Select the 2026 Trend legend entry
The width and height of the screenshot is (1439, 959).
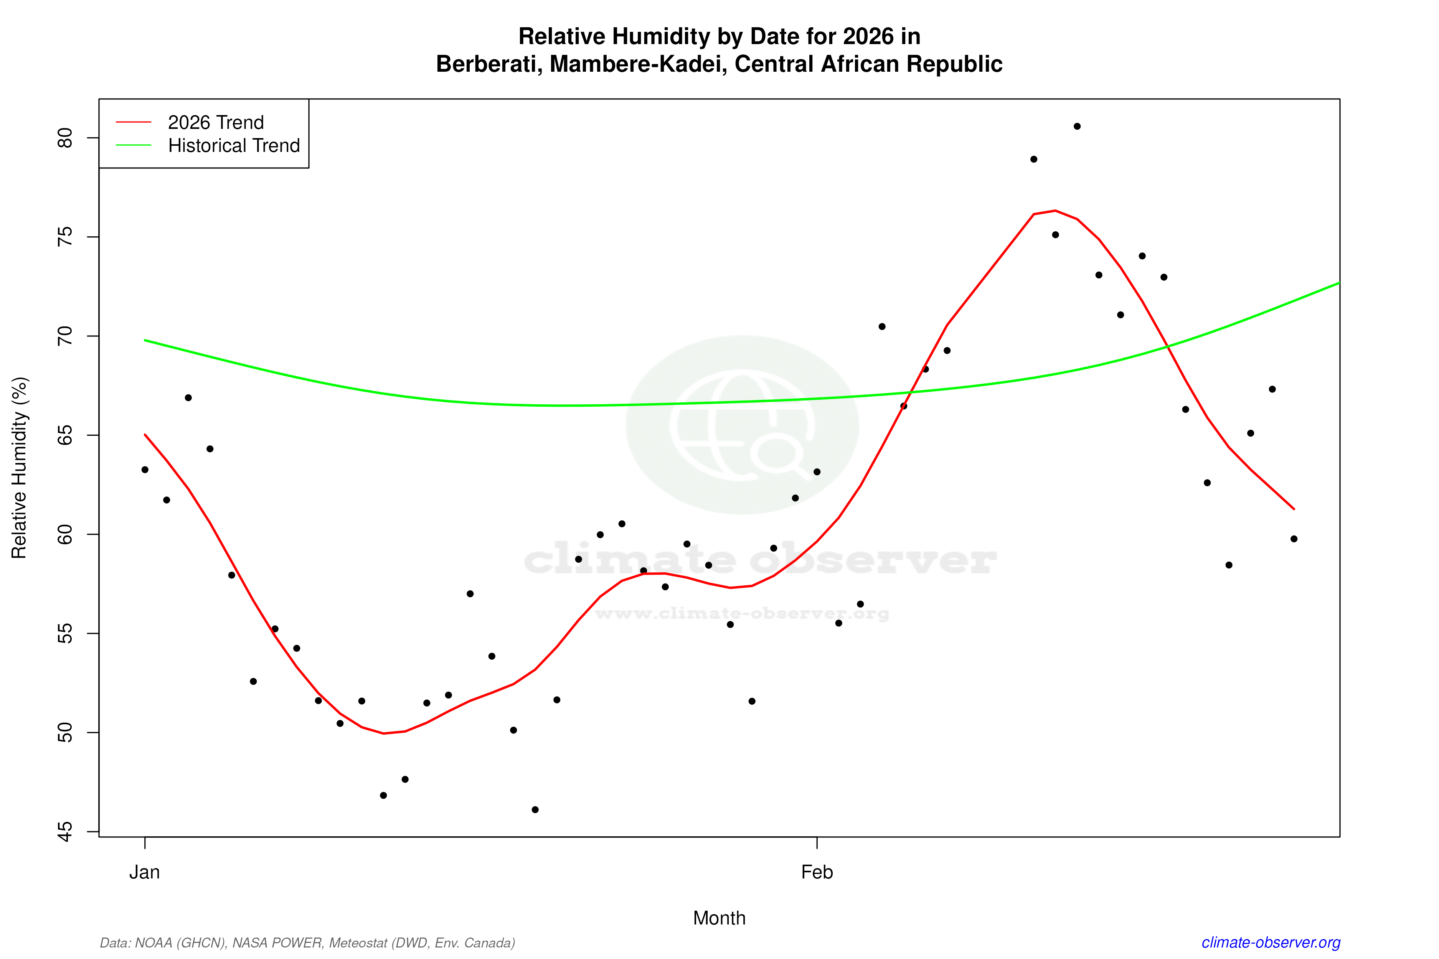[x=215, y=122]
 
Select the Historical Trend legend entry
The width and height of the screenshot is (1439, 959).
[x=234, y=145]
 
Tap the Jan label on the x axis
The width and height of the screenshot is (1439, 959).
[x=144, y=872]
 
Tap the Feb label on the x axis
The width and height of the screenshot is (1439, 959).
[x=817, y=872]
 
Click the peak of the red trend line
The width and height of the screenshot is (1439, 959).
[x=1055, y=210]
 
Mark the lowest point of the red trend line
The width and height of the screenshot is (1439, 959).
[x=384, y=733]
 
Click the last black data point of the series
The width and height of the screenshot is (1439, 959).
[x=1294, y=539]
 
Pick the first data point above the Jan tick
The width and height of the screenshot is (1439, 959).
[x=145, y=470]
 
